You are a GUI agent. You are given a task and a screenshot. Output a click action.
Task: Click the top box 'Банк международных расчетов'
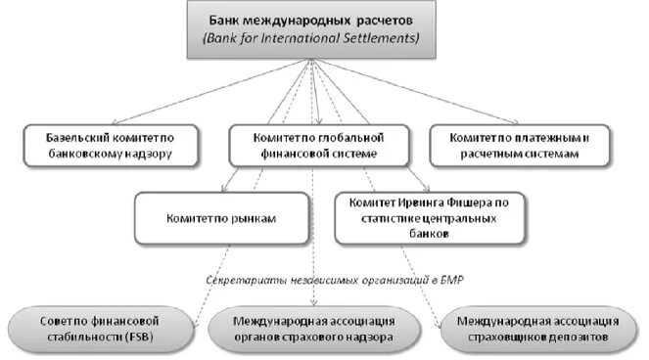pyautogui.click(x=312, y=29)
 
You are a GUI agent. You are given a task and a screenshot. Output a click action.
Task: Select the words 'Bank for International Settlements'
pyautogui.click(x=312, y=39)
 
